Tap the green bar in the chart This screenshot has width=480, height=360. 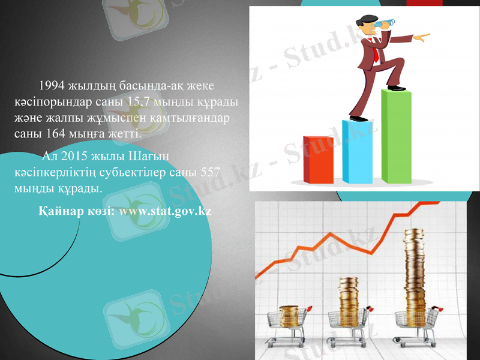[396, 136]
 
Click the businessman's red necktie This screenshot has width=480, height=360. [375, 55]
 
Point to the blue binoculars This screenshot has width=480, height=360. [385, 23]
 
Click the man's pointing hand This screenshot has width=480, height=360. [422, 38]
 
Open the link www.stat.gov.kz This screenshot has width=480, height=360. [165, 211]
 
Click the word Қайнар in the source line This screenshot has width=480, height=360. [59, 211]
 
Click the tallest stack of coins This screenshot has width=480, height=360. [414, 276]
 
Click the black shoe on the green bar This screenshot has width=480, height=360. [395, 88]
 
